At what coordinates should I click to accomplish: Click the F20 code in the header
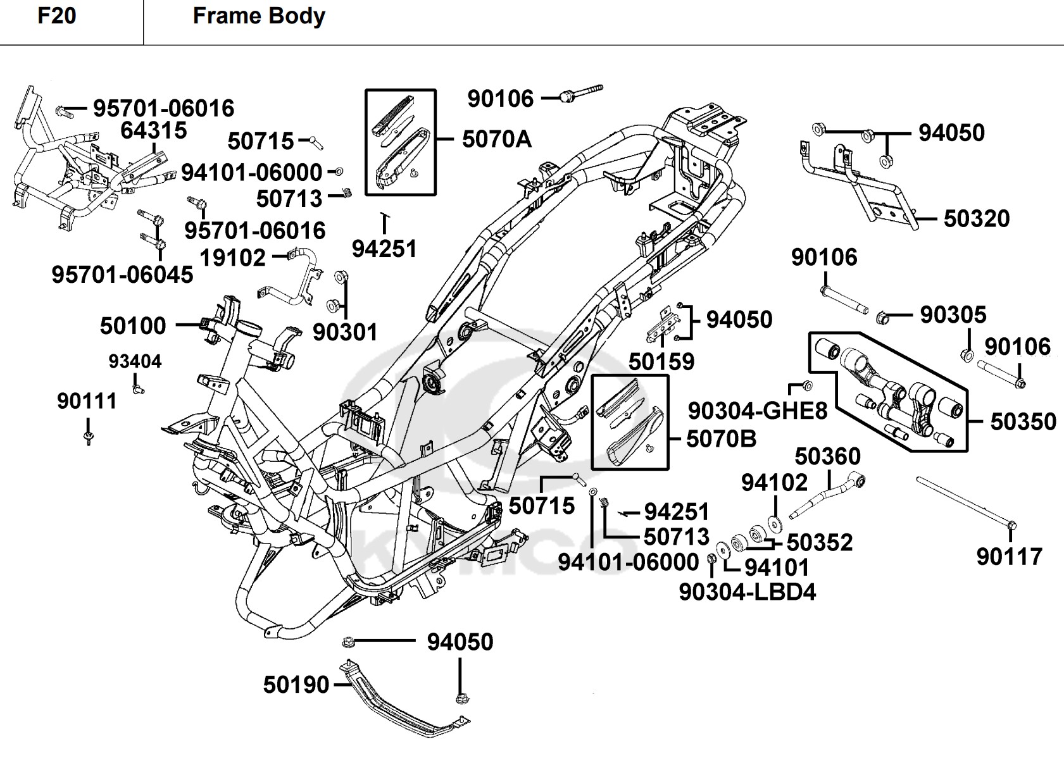coord(57,16)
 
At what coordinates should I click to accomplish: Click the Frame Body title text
coord(259,16)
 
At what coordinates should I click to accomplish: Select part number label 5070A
coord(497,139)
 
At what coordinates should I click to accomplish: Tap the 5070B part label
coord(721,439)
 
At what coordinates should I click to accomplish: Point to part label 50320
coord(977,219)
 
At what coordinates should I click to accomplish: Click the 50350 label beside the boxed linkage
coord(1023,422)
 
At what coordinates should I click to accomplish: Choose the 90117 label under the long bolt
coord(1009,557)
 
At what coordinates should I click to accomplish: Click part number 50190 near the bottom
coord(296,685)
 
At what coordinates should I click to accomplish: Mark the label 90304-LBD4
coord(748,592)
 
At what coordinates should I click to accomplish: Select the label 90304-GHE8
coord(758,411)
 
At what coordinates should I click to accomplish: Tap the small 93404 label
coord(135,362)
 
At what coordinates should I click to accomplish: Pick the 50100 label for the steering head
coord(133,326)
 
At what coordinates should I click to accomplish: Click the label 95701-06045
coord(122,275)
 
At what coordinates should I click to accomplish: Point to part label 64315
coord(154,131)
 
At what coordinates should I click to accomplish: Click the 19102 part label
coord(233,258)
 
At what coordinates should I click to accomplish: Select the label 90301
coord(345,332)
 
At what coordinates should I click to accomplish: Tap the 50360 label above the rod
coord(827,457)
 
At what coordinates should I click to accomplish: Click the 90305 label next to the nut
coord(953,315)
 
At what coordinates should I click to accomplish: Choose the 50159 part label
coord(661,362)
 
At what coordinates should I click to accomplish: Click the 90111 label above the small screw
coord(87,401)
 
